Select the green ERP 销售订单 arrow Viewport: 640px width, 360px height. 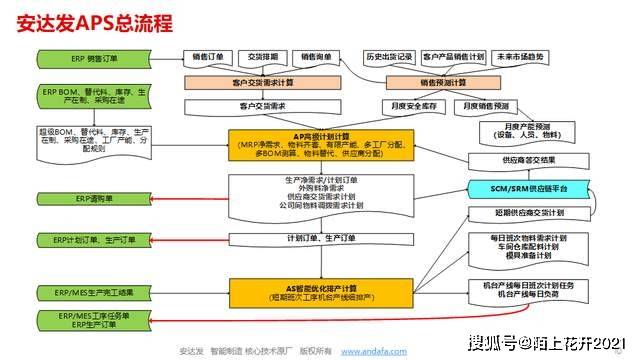[95, 59]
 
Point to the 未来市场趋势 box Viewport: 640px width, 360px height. [520, 57]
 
